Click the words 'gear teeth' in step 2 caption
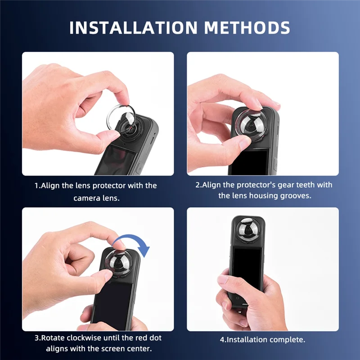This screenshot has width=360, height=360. tap(297, 184)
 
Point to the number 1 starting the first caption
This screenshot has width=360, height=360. tap(36, 185)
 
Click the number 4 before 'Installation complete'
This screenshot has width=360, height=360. tap(222, 339)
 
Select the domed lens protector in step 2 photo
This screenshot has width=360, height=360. tap(249, 121)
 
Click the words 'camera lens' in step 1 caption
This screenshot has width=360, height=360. tap(96, 198)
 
